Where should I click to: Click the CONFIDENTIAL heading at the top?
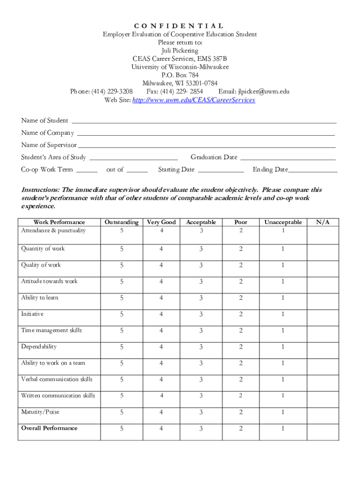coord(180,26)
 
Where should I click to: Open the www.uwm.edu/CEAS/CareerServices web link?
coord(194,100)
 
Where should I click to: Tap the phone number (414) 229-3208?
coord(112,91)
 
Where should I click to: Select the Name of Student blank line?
coord(203,121)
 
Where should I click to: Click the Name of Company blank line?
coord(206,133)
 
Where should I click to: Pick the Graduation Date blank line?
coord(288,158)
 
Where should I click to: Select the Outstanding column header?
coord(122,222)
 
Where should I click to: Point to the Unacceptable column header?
coord(283,222)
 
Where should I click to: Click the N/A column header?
coord(323,222)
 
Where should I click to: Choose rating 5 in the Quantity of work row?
coord(122,249)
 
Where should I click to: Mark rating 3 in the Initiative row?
coord(201,314)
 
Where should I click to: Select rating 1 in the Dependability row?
coord(283,347)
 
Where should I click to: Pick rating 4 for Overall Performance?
coord(161,429)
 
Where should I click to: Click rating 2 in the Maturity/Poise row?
coord(241,413)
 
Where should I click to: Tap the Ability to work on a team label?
coord(53,363)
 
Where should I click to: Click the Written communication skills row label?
coord(58,396)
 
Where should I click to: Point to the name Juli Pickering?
coord(180,51)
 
